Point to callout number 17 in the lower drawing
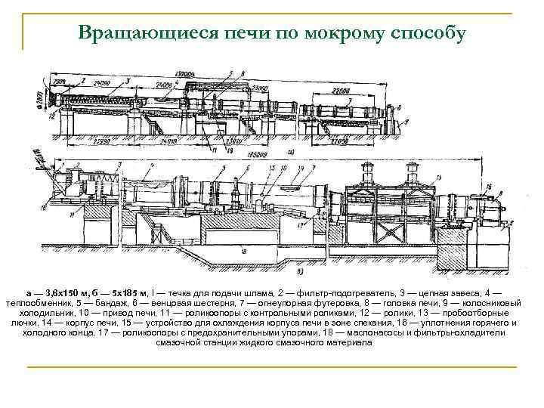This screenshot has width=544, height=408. tap(300, 225)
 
